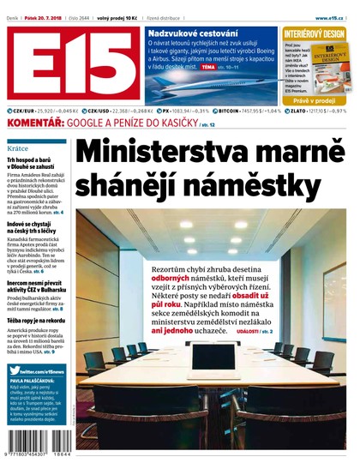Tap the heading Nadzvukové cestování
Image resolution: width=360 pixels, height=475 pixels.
pyautogui.click(x=190, y=32)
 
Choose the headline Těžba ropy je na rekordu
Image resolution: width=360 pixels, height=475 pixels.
pyautogui.click(x=38, y=321)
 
